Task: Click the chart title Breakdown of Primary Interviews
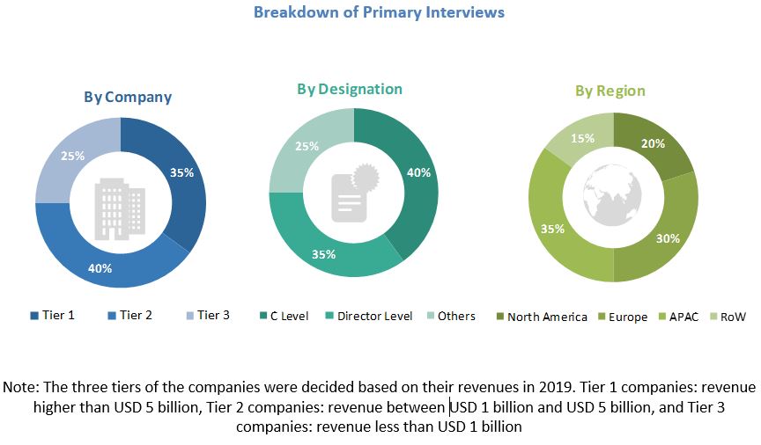click(379, 12)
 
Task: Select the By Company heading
click(128, 98)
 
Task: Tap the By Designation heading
click(350, 90)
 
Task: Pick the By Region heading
click(610, 91)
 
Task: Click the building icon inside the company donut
click(121, 204)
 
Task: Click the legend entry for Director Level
click(369, 317)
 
